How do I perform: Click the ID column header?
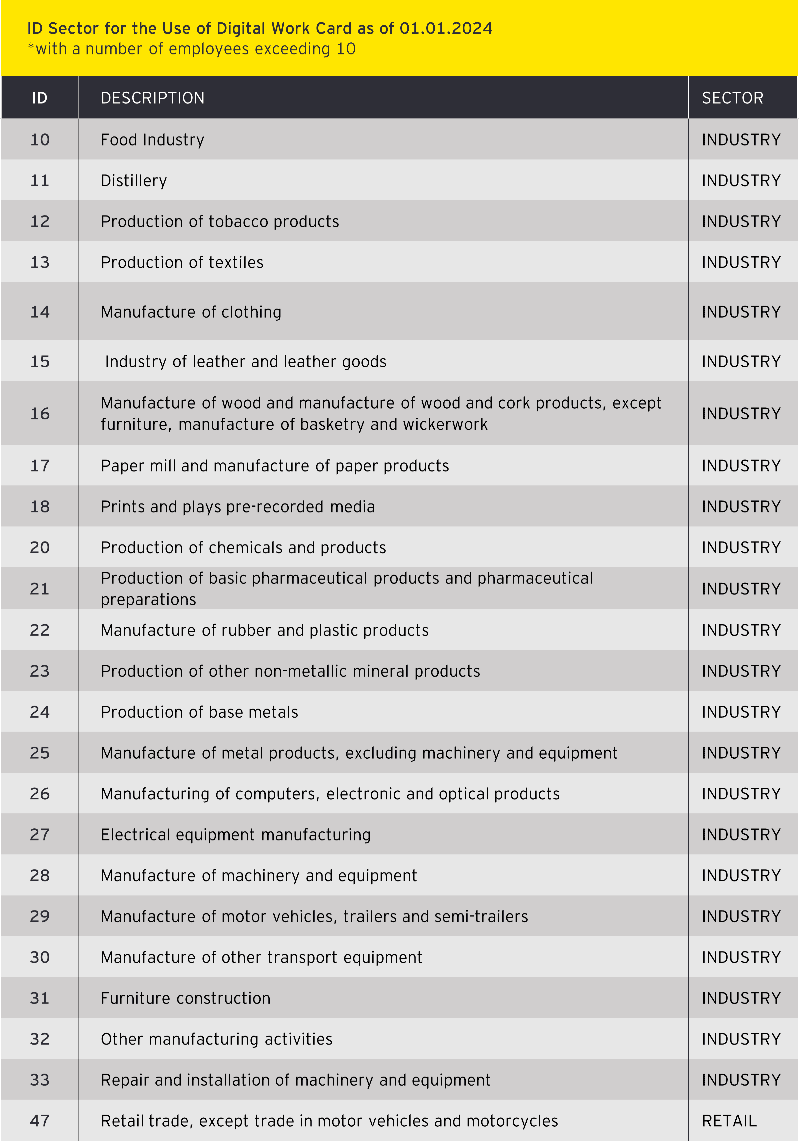pyautogui.click(x=40, y=98)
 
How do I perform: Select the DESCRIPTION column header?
pyautogui.click(x=152, y=98)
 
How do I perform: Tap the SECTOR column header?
pyautogui.click(x=732, y=98)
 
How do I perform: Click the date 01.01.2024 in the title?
pyautogui.click(x=445, y=28)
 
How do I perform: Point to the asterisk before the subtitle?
pyautogui.click(x=31, y=47)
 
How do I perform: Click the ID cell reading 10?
pyautogui.click(x=40, y=140)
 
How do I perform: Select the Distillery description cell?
pyautogui.click(x=134, y=180)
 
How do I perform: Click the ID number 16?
pyautogui.click(x=40, y=413)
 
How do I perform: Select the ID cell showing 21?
pyautogui.click(x=40, y=589)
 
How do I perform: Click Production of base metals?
pyautogui.click(x=199, y=712)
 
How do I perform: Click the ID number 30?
pyautogui.click(x=40, y=958)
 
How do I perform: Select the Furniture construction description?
pyautogui.click(x=185, y=998)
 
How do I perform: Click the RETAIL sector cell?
pyautogui.click(x=729, y=1121)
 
